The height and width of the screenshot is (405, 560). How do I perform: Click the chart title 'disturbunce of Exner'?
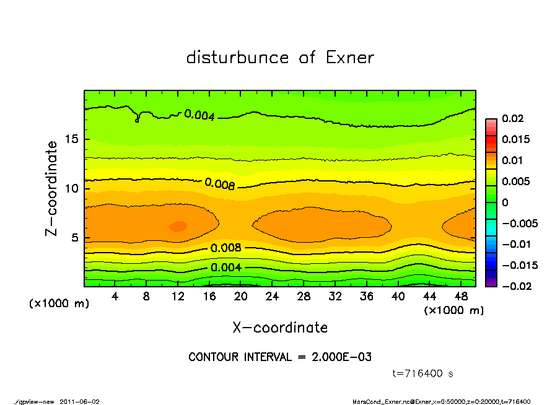pyautogui.click(x=280, y=58)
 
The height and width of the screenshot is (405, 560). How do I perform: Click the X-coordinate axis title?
pyautogui.click(x=280, y=327)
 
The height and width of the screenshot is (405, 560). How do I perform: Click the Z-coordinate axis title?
pyautogui.click(x=52, y=188)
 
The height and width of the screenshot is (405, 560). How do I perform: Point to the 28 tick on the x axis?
pyautogui.click(x=304, y=297)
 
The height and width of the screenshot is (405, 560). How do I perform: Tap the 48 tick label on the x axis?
pyautogui.click(x=462, y=297)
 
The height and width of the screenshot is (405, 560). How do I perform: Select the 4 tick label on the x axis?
pyautogui.click(x=115, y=297)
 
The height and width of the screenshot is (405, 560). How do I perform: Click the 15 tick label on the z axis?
pyautogui.click(x=72, y=139)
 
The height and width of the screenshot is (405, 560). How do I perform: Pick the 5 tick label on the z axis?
pyautogui.click(x=75, y=237)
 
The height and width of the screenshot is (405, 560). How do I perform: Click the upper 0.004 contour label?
pyautogui.click(x=199, y=115)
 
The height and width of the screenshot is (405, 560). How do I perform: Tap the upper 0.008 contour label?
pyautogui.click(x=219, y=184)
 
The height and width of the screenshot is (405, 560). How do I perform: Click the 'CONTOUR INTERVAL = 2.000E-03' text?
pyautogui.click(x=280, y=357)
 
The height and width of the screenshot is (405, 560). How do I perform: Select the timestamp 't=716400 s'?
pyautogui.click(x=423, y=373)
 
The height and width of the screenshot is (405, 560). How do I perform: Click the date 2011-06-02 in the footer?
pyautogui.click(x=80, y=401)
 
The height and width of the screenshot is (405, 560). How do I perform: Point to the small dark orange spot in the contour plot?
pyautogui.click(x=178, y=226)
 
